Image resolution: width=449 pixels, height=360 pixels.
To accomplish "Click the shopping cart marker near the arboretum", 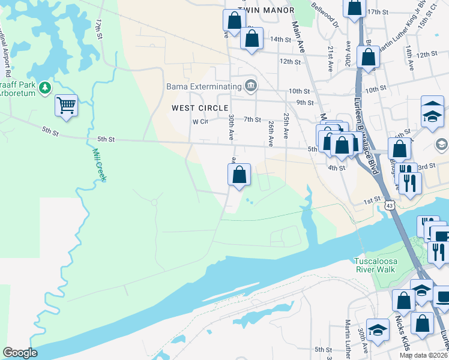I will (x=66, y=106).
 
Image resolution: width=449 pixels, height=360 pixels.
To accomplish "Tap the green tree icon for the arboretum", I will (x=44, y=88).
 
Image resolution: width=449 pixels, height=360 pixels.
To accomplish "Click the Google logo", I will (x=20, y=353).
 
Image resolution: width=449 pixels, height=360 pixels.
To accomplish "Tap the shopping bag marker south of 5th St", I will (x=239, y=175).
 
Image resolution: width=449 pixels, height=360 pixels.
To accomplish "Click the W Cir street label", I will (x=199, y=121).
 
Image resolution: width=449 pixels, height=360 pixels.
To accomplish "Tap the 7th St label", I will (x=252, y=119).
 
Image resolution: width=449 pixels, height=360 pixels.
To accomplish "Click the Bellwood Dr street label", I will (x=325, y=16).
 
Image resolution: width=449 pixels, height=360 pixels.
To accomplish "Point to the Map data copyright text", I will (x=424, y=355).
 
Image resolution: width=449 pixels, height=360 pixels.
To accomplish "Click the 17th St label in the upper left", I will (x=99, y=28).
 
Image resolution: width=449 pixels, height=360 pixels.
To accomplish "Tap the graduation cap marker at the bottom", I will (x=377, y=330).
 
